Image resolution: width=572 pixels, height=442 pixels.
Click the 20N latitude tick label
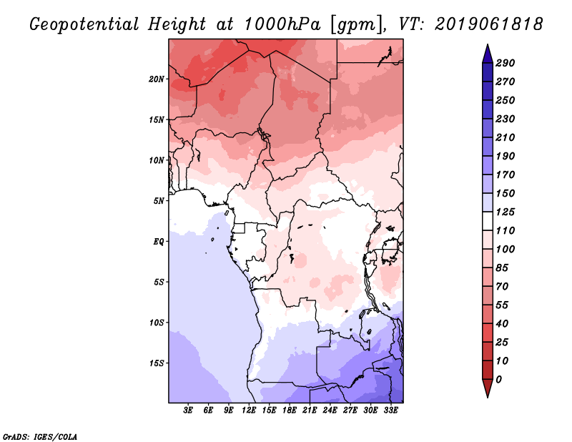click(157, 79)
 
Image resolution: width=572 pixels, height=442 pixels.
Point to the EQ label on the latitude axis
click(159, 241)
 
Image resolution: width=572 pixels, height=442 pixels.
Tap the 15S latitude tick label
click(157, 363)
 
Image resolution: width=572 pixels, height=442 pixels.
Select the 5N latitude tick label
click(159, 200)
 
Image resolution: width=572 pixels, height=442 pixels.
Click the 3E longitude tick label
click(189, 411)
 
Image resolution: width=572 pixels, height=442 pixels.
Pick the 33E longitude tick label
click(390, 411)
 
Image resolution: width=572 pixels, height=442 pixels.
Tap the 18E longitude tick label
click(290, 411)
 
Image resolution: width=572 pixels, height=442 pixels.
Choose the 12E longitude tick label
click(250, 411)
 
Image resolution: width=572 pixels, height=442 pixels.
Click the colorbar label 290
click(505, 63)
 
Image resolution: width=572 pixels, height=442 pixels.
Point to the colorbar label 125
click(505, 212)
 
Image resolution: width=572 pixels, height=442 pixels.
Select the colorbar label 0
click(499, 379)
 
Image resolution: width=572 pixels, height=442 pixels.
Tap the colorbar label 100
click(505, 249)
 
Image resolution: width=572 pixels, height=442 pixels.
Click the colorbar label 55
click(502, 305)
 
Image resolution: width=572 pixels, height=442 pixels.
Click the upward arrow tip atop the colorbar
click(486, 46)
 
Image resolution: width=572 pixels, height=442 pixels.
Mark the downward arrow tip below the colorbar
click(486, 396)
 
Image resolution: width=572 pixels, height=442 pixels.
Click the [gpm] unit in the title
click(356, 24)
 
